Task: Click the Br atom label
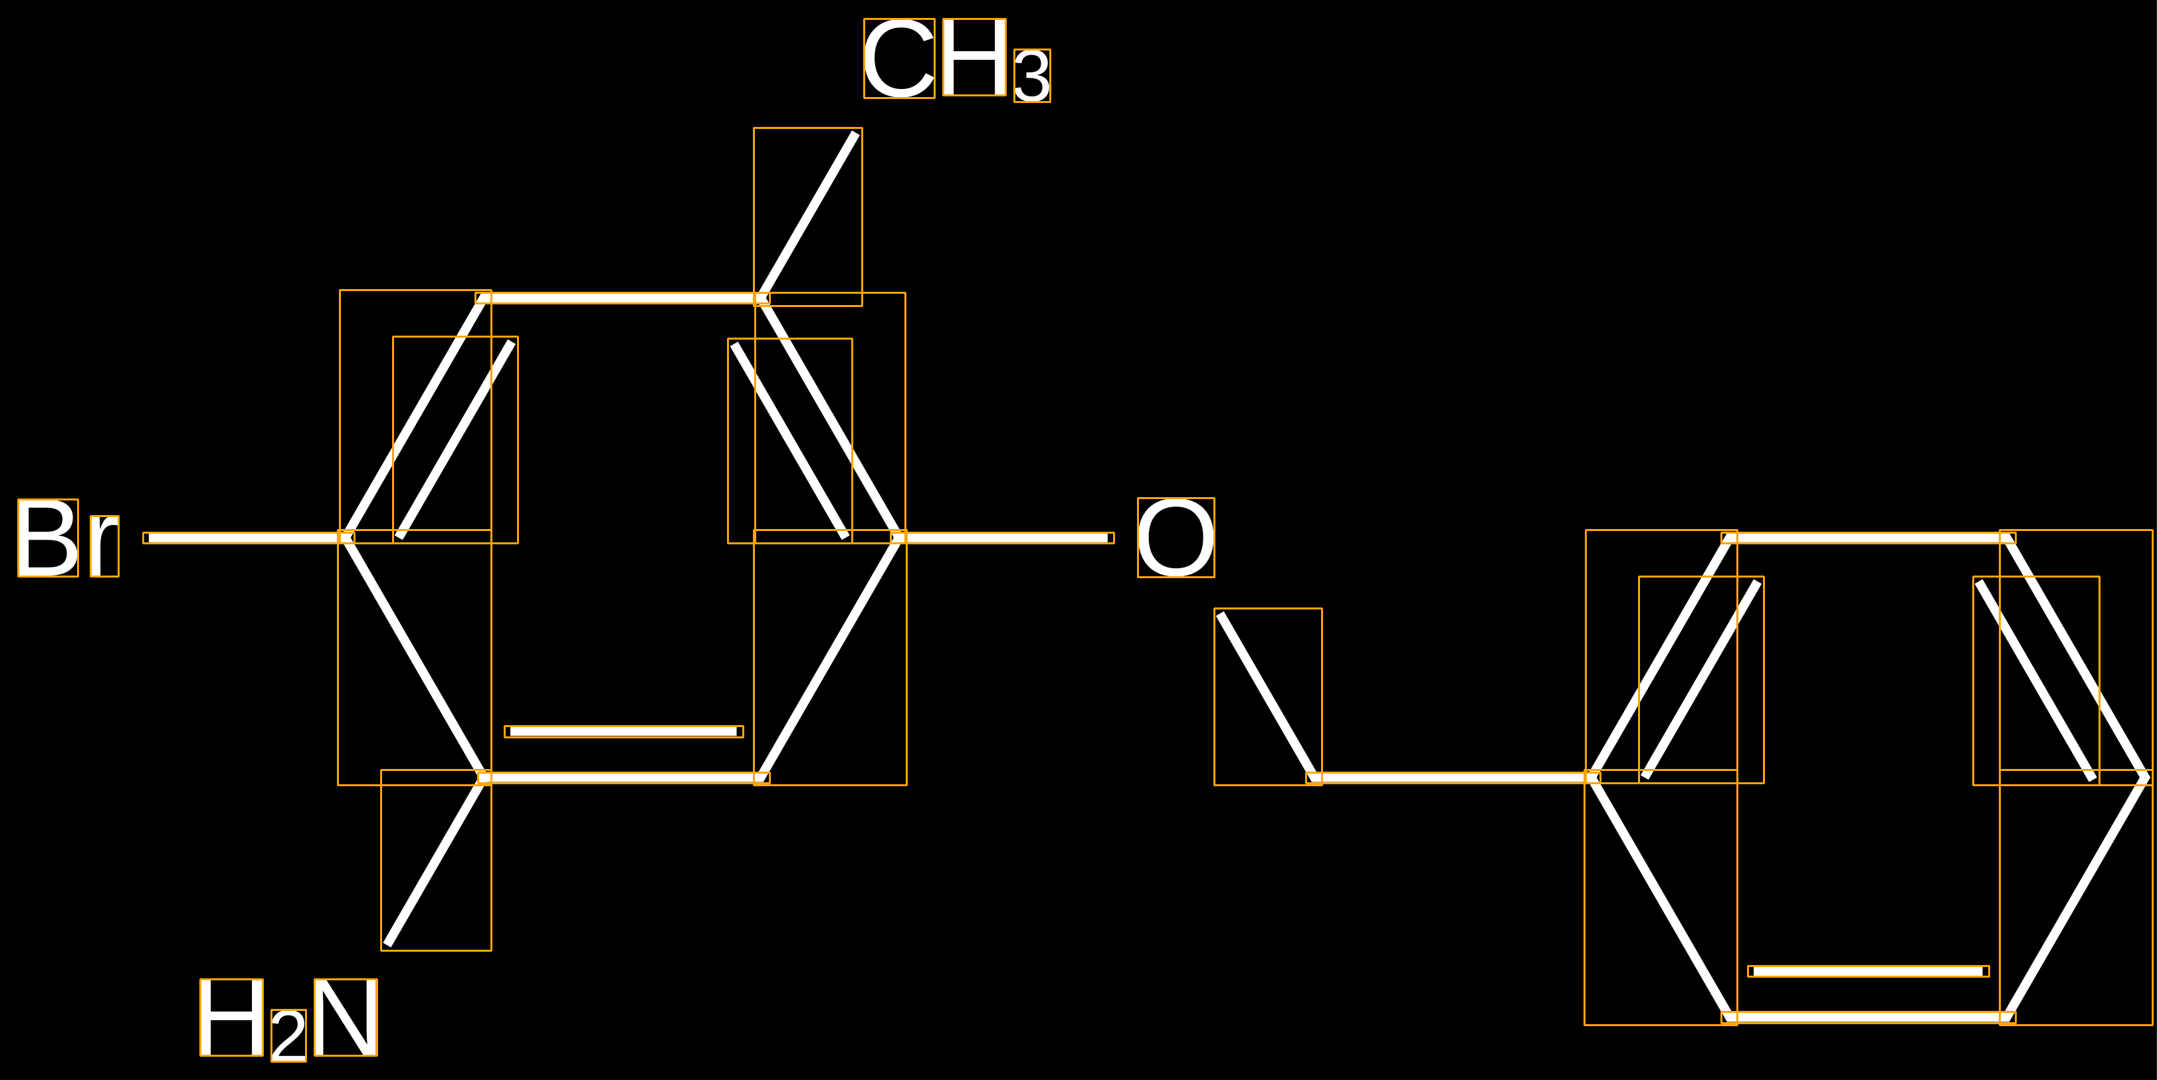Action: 68,538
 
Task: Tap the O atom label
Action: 1176,538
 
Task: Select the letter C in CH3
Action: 899,58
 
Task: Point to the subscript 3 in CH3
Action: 1031,75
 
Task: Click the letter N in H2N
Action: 346,1018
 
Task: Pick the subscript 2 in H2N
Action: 289,1035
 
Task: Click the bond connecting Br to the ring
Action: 249,538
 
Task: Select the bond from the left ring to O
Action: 1001,538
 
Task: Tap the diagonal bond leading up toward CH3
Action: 808,217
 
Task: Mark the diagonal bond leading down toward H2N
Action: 437,860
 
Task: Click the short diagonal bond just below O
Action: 1268,697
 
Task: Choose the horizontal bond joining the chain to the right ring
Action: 1453,778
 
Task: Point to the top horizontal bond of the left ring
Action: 623,298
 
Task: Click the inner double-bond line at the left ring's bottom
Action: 624,732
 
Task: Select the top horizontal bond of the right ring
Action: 1868,538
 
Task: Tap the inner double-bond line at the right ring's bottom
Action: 1868,971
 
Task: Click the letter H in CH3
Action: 974,57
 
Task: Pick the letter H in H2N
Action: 231,1018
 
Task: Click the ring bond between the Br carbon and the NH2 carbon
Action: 415,657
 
